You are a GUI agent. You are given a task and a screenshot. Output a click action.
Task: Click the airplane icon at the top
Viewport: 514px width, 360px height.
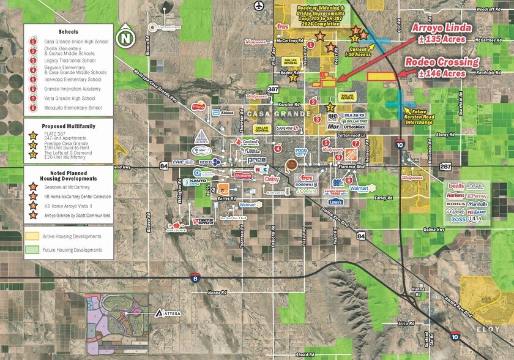point(259,6)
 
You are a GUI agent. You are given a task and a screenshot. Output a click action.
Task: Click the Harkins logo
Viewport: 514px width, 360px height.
point(455,196)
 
